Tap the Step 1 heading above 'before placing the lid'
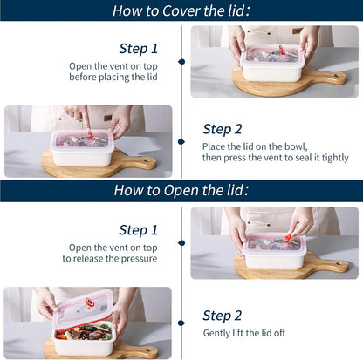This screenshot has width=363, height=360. [x=139, y=49]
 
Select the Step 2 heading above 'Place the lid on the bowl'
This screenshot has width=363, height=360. [x=223, y=129]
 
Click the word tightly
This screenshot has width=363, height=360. [x=335, y=158]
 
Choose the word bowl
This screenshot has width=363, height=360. [x=296, y=146]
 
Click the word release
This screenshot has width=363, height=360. [x=88, y=259]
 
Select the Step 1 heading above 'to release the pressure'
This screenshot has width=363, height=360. [x=139, y=230]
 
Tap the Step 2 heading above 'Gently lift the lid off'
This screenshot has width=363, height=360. [x=223, y=316]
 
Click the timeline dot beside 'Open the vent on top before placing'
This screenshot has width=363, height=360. [x=181, y=62]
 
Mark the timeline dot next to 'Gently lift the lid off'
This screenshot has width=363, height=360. [x=181, y=323]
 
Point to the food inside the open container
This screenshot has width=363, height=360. [x=84, y=333]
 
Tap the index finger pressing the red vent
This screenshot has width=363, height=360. [x=86, y=120]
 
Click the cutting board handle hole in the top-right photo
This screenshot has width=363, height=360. [x=337, y=76]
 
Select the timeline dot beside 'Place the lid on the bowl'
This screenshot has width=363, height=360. [x=181, y=142]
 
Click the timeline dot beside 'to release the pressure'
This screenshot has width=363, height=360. [x=181, y=243]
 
